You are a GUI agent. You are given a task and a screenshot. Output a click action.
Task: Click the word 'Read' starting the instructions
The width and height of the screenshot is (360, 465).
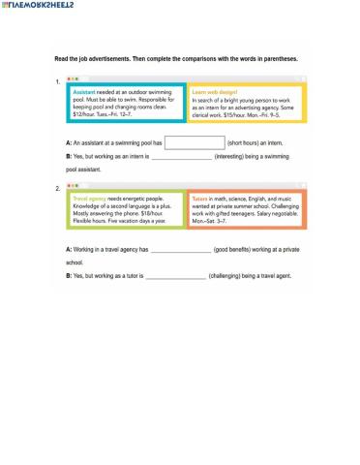coord(61,58)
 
